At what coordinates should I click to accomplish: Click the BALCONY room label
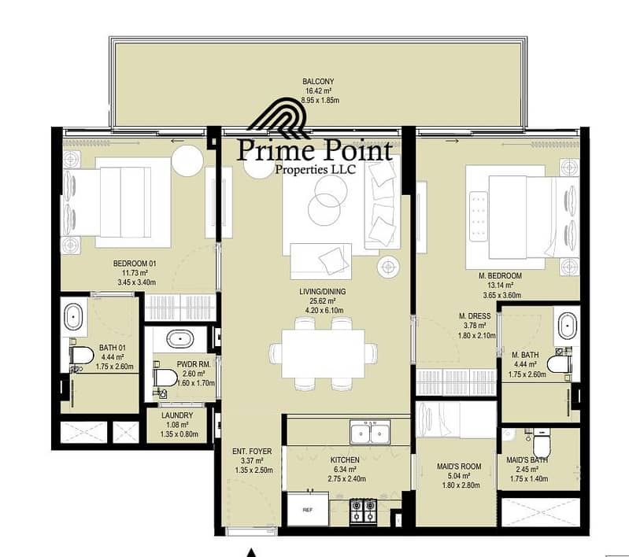coord(318,81)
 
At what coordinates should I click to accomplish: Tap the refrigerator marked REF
coord(308,509)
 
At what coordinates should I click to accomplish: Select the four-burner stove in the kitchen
coord(364,511)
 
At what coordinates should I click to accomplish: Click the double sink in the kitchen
coord(370,432)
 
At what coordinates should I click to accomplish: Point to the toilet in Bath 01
coord(81,356)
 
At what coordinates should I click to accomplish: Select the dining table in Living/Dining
coord(324,354)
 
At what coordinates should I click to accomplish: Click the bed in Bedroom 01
coord(116,202)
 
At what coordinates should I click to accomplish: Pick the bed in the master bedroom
coord(522,217)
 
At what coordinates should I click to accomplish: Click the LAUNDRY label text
coord(177,415)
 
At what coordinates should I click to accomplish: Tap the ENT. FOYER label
coord(252,451)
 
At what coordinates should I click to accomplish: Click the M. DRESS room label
coord(475,316)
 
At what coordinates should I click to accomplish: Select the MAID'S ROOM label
coord(459,467)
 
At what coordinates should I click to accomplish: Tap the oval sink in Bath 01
coord(73,316)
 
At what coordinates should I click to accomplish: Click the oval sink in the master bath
coord(568,326)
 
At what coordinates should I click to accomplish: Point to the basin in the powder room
coord(180,339)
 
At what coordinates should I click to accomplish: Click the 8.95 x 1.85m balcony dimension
coord(320,100)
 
